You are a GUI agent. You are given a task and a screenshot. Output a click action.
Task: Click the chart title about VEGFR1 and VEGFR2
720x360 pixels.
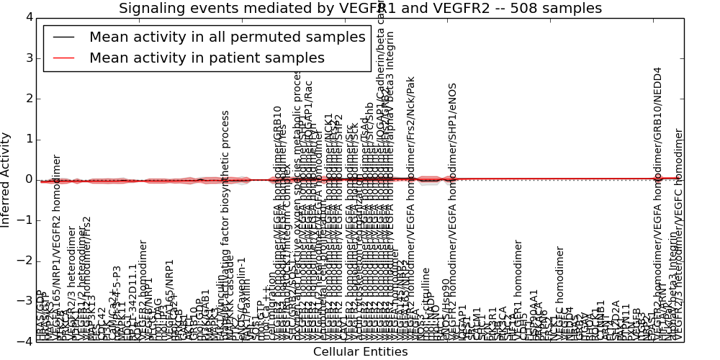pos(360,9)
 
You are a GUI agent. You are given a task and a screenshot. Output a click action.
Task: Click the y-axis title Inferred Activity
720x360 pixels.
pos(6,179)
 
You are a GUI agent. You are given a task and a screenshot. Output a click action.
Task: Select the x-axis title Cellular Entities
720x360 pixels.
pos(360,352)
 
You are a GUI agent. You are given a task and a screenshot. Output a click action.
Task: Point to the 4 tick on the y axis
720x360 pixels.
pos(29,17)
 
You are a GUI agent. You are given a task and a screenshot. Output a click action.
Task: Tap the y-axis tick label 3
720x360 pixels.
pos(29,58)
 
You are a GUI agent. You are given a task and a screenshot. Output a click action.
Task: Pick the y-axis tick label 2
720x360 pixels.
pos(29,98)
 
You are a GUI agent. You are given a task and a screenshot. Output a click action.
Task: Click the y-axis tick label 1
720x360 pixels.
pos(29,139)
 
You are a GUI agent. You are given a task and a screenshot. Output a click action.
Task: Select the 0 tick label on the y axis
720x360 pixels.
pos(29,179)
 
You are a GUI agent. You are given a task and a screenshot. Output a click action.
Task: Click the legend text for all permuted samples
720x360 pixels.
pos(228,37)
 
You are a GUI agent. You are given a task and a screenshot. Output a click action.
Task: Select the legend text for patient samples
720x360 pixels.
pos(207,58)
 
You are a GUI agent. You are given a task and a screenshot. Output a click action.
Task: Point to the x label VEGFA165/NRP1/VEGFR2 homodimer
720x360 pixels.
pos(58,245)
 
